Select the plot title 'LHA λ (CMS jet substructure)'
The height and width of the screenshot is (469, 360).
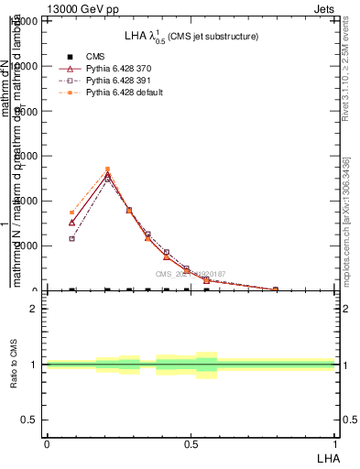[x=191, y=36]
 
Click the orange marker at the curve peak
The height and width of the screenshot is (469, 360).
[x=107, y=169]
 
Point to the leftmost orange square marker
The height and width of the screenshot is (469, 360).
[x=71, y=212]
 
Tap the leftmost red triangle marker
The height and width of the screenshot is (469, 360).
[x=71, y=222]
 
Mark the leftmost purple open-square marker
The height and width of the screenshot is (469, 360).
[x=71, y=238]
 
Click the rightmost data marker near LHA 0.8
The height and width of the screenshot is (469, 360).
[x=275, y=289]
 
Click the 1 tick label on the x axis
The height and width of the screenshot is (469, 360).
[x=335, y=443]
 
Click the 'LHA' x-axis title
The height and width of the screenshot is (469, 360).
[x=327, y=457]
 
